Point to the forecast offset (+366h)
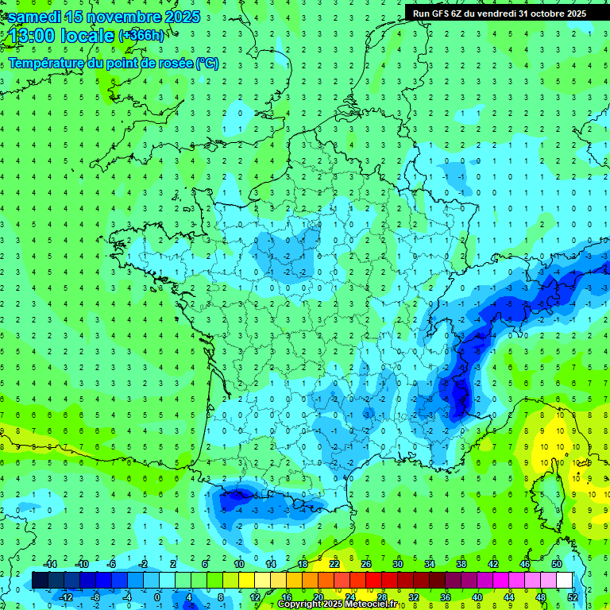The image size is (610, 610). [x=141, y=36]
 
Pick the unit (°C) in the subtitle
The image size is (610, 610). [x=207, y=64]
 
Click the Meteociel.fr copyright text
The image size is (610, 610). [x=349, y=604]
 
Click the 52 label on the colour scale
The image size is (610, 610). [x=573, y=596]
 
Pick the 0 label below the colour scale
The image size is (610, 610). [x=159, y=596]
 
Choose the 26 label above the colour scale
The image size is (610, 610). [x=366, y=564]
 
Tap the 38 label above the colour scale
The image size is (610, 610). [x=461, y=564]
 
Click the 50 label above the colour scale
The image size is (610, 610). [x=557, y=564]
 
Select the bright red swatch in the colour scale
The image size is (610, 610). [x=373, y=580]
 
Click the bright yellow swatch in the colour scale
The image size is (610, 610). [x=246, y=580]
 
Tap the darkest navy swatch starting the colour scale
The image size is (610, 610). [x=40, y=580]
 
